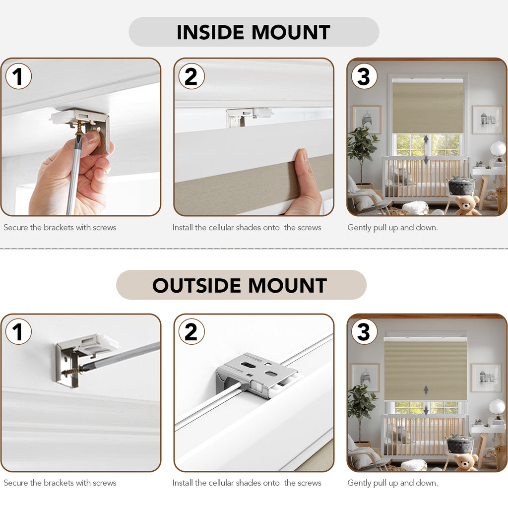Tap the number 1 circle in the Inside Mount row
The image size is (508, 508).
pyautogui.click(x=18, y=76)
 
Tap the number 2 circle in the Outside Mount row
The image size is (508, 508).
pyautogui.click(x=191, y=332)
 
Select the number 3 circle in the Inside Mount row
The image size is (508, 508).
pyautogui.click(x=364, y=76)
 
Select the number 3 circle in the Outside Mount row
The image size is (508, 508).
pyautogui.click(x=364, y=332)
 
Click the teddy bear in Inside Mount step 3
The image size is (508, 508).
pyautogui.click(x=466, y=205)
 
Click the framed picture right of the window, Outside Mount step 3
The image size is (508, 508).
pyautogui.click(x=486, y=378)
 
